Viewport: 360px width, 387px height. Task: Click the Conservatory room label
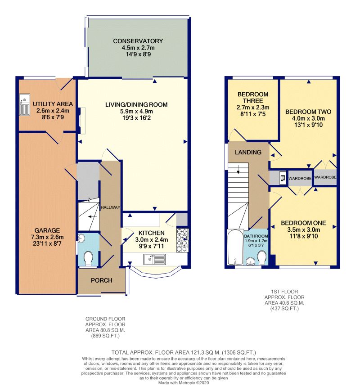138,41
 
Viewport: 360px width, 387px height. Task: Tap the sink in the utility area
25,104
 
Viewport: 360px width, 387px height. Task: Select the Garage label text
47,230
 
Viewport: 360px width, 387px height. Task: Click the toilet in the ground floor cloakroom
88,258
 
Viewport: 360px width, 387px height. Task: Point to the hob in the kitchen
182,240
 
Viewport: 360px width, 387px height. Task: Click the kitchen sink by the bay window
155,259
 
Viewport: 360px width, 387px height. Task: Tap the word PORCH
101,280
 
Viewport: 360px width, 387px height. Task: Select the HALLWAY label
110,207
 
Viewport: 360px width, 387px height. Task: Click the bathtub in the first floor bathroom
235,247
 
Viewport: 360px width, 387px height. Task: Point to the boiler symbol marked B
283,177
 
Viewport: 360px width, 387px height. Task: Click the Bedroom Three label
253,98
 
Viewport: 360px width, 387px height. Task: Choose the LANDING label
248,152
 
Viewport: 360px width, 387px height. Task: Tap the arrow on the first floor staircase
238,169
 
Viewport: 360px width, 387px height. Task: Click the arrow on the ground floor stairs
93,217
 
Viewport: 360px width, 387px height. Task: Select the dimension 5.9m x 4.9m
136,111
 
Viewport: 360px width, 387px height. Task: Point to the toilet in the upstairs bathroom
261,258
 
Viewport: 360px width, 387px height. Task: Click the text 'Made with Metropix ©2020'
184,383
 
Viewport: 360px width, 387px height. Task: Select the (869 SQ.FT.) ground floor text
105,336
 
